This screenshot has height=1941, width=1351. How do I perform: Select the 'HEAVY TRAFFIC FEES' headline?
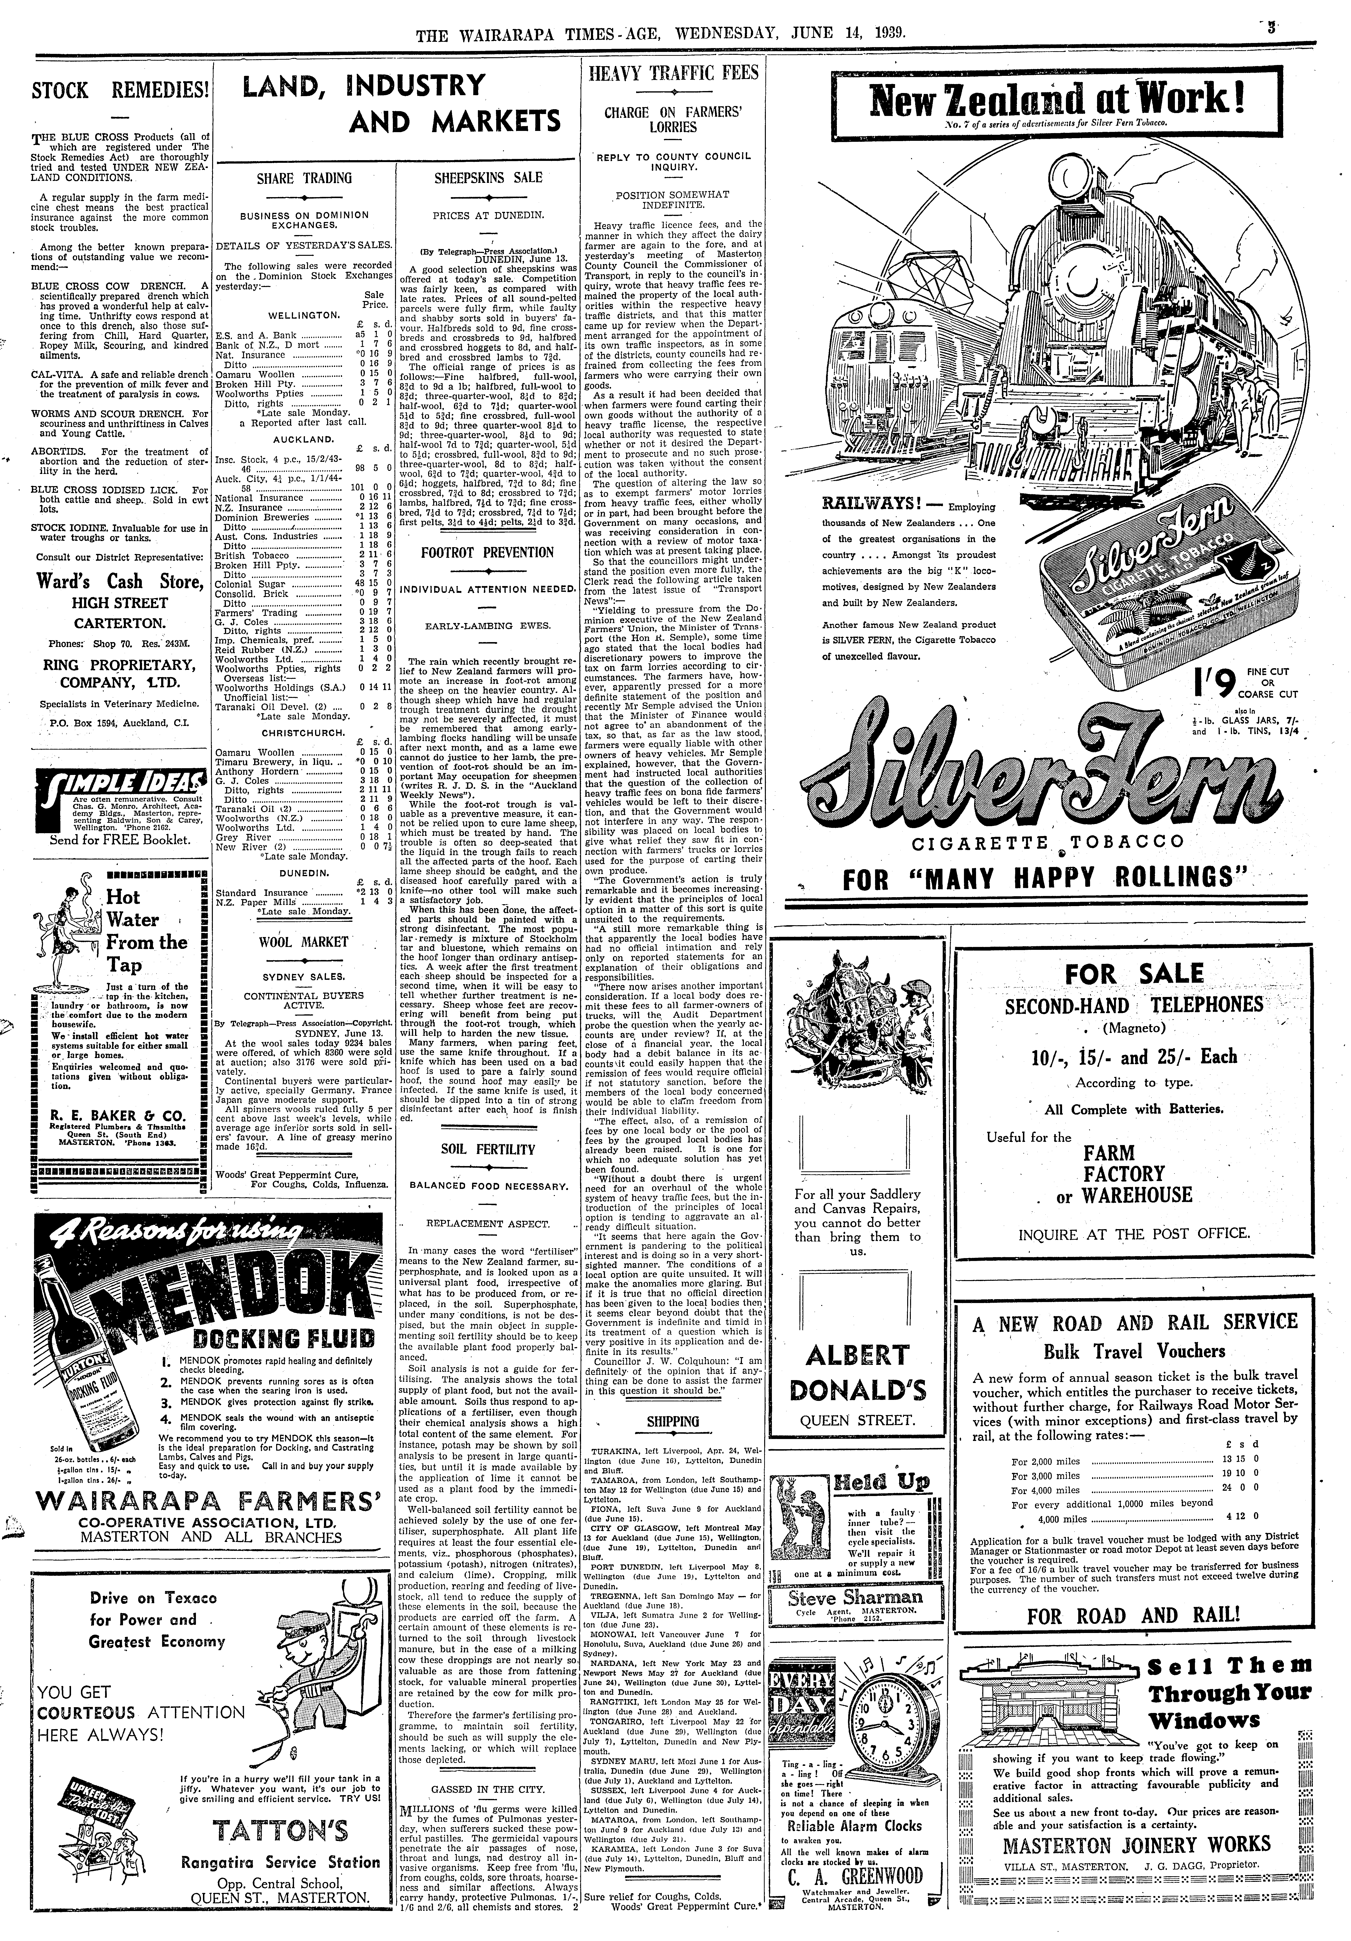(673, 73)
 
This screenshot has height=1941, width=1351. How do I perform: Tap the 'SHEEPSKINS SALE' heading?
(488, 178)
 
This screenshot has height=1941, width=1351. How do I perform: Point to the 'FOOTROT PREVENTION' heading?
(488, 552)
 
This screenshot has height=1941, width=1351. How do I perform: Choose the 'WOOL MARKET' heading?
(303, 942)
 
